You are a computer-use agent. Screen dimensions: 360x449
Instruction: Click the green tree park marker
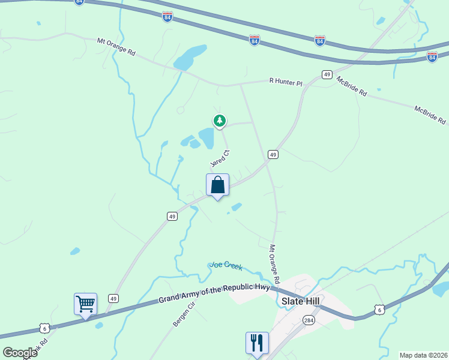tap(220, 121)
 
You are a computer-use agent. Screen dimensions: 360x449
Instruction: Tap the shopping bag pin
tap(217, 185)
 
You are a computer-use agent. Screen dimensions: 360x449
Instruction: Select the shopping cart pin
tap(85, 305)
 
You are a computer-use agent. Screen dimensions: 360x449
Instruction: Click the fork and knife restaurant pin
tap(257, 343)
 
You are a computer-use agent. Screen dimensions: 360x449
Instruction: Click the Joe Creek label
tap(226, 265)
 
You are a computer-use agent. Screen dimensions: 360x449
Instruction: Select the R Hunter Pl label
tap(286, 82)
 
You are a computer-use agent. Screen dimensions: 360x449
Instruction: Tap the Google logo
tap(20, 352)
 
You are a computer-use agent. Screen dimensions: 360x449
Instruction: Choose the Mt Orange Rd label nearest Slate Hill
tap(274, 264)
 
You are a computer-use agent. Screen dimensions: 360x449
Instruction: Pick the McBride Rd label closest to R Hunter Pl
tap(352, 86)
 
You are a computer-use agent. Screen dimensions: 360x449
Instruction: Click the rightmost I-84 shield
tap(432, 56)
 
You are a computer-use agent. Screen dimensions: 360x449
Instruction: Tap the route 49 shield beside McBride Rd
tap(327, 74)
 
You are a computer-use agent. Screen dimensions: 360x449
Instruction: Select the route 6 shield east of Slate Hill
tap(378, 309)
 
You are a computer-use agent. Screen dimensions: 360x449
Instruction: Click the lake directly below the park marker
tap(206, 139)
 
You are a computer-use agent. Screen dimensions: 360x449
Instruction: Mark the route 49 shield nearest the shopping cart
tap(113, 298)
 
